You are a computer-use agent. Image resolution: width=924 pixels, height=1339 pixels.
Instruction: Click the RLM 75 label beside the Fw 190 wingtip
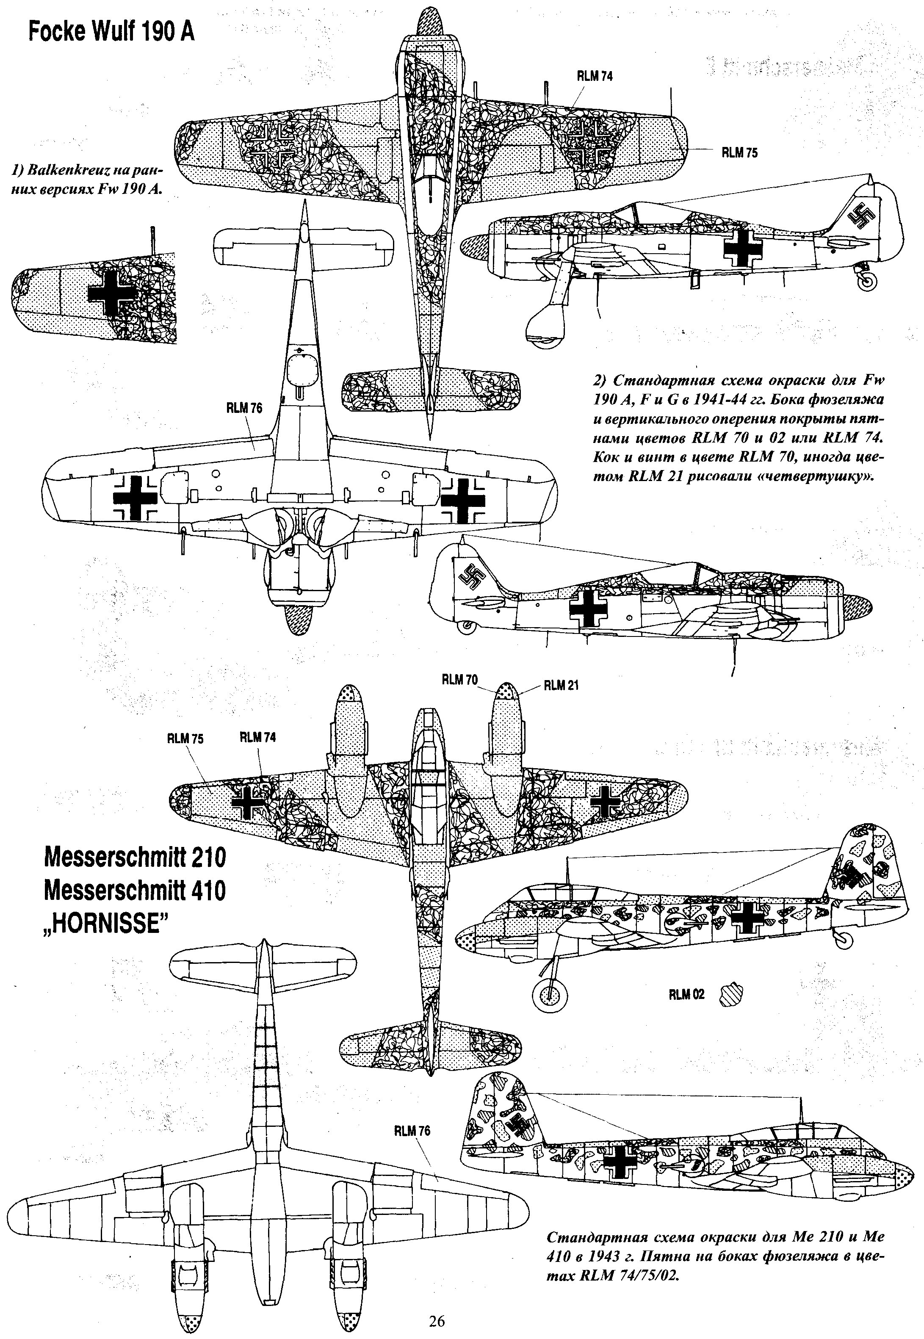tap(739, 153)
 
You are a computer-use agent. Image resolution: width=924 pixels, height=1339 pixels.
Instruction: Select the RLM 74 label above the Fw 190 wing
tap(595, 76)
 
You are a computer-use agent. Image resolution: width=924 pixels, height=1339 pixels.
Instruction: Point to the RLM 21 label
tap(561, 686)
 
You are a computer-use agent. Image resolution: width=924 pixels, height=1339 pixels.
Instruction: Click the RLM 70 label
tap(460, 680)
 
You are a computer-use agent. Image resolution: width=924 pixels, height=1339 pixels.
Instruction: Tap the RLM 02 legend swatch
tap(730, 994)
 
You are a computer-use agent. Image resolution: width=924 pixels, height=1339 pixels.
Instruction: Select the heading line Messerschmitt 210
tap(134, 858)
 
